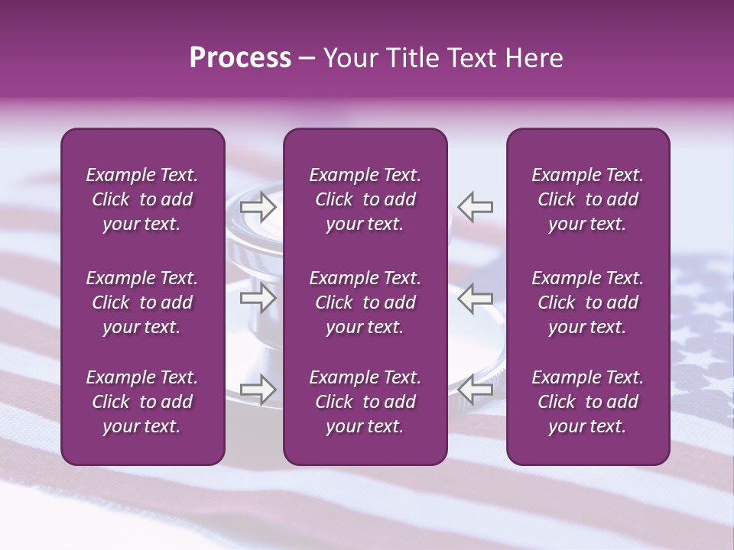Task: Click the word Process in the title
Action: point(240,58)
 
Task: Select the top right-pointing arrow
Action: point(258,206)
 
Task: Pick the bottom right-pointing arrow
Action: point(258,389)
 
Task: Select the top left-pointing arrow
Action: point(475,206)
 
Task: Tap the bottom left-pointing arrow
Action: point(475,389)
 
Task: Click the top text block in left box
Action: point(142,199)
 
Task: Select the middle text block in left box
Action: point(142,302)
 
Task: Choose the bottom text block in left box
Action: point(142,402)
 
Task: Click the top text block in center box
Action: point(365,199)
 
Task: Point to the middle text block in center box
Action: point(365,302)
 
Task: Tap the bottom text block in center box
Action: point(365,402)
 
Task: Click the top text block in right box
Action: point(587,199)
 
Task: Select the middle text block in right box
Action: point(587,302)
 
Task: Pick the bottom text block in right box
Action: point(587,402)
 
